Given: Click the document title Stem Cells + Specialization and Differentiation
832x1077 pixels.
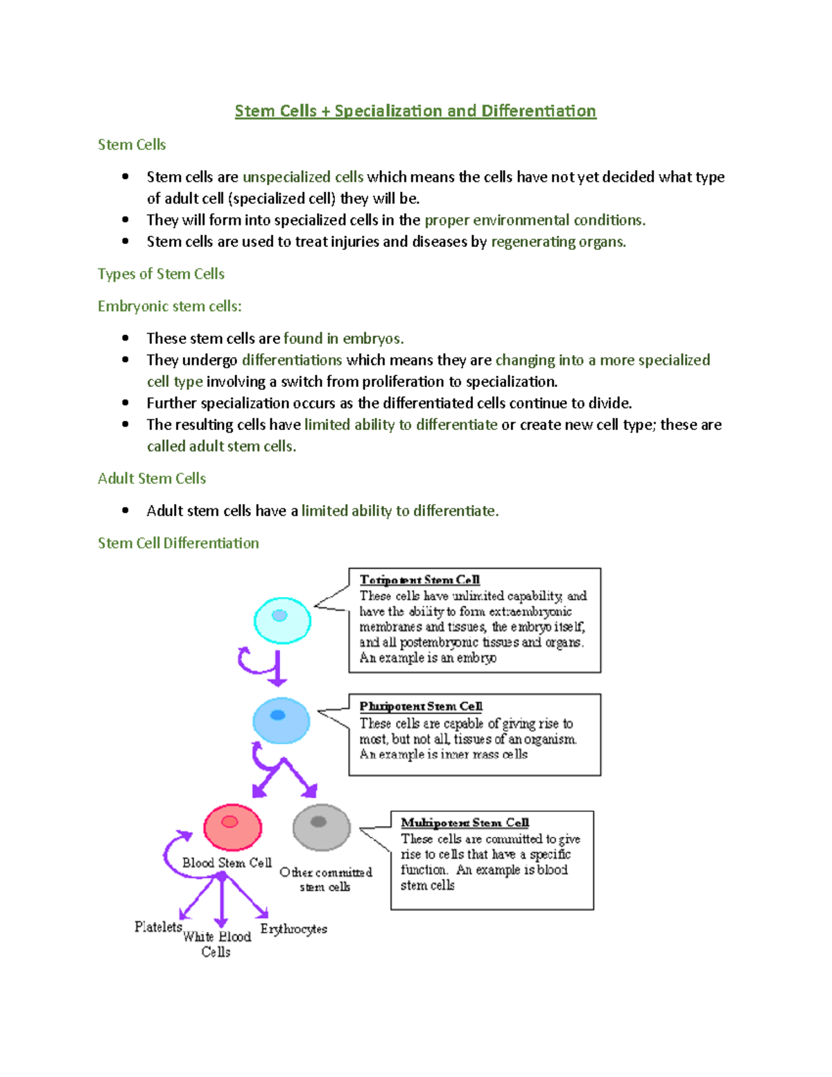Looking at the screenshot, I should (x=415, y=111).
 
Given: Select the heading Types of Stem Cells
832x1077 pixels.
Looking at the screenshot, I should (x=161, y=274).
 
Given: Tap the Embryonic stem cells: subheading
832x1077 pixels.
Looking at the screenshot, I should (x=169, y=307).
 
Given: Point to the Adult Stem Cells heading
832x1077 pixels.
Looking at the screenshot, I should (x=152, y=479).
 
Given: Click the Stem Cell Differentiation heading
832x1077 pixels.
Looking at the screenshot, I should (x=178, y=543).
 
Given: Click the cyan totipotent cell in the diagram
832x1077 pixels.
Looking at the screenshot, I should (x=282, y=620).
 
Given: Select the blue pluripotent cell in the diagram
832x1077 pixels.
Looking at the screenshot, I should (x=281, y=721).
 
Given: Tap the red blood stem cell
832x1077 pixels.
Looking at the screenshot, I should (x=232, y=827).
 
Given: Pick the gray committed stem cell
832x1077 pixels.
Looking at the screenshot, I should (x=321, y=827).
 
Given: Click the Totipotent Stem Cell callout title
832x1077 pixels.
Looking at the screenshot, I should (x=419, y=580).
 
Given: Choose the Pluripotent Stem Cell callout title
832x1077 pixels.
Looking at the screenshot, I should (x=421, y=706).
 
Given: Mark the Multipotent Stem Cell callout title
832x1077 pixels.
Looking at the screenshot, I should (x=465, y=822).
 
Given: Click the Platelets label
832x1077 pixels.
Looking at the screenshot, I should (x=158, y=927).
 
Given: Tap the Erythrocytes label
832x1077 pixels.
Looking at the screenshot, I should (x=293, y=929).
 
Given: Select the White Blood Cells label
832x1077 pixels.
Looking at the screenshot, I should (x=216, y=944).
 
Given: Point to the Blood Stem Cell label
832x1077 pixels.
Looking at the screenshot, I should (x=227, y=863).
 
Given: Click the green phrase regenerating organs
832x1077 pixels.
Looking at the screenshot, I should (x=558, y=242).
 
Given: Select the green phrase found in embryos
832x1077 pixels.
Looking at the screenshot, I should (x=343, y=338).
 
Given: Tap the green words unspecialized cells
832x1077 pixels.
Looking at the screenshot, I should (x=302, y=178).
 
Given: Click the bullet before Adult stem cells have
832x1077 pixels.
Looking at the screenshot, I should (x=125, y=510).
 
